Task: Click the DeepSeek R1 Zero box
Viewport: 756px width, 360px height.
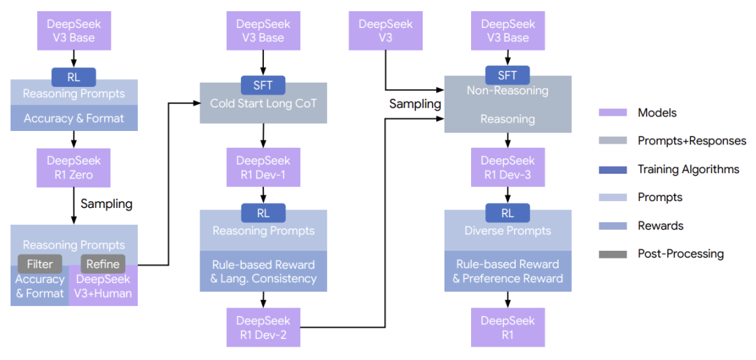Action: pyautogui.click(x=73, y=167)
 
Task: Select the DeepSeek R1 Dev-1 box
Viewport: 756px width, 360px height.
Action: pyautogui.click(x=262, y=167)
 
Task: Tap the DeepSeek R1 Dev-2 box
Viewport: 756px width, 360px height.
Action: pyautogui.click(x=262, y=327)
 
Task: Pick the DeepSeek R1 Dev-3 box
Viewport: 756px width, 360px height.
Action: pyautogui.click(x=507, y=167)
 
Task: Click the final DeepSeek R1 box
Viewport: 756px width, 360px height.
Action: pyautogui.click(x=507, y=327)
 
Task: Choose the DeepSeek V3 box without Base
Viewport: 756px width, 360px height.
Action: pyautogui.click(x=385, y=30)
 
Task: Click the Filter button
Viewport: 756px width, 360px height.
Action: pyautogui.click(x=40, y=264)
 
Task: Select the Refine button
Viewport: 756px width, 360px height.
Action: pyautogui.click(x=103, y=264)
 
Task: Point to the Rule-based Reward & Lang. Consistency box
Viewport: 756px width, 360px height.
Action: pyautogui.click(x=262, y=271)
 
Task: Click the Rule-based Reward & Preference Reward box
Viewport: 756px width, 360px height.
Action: pyautogui.click(x=507, y=271)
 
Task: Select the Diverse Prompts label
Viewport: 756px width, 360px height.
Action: pyautogui.click(x=507, y=230)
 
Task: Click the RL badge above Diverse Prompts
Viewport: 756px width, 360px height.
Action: pyautogui.click(x=507, y=212)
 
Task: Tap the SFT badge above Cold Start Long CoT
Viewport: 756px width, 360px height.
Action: pyautogui.click(x=262, y=85)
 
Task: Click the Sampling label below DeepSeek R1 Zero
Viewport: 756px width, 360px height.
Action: pyautogui.click(x=106, y=204)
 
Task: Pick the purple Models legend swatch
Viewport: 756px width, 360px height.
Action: pyautogui.click(x=612, y=113)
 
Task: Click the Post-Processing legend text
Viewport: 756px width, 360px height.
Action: pyautogui.click(x=680, y=254)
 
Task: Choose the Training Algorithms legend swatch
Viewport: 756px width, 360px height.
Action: pyautogui.click(x=612, y=169)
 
